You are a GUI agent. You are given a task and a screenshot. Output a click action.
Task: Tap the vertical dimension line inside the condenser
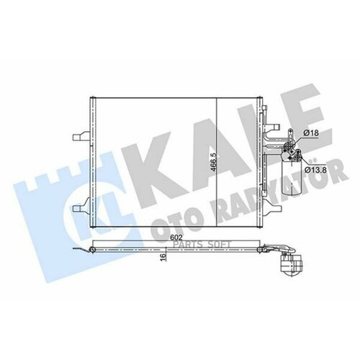(217, 173)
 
